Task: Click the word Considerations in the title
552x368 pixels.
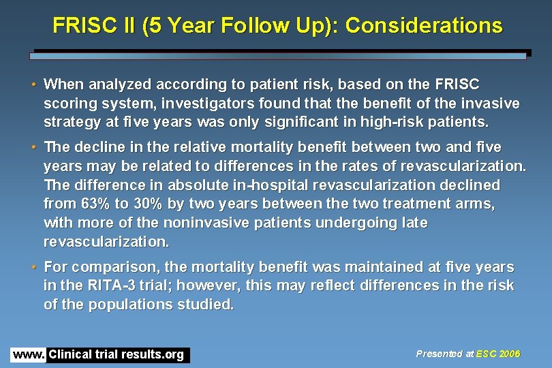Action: coord(424,26)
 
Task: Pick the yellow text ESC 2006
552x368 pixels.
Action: coord(498,354)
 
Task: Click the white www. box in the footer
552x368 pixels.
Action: coord(28,354)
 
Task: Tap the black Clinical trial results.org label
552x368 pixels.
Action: coord(117,354)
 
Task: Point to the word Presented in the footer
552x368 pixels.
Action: coord(440,354)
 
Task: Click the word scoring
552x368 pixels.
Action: coord(70,104)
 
